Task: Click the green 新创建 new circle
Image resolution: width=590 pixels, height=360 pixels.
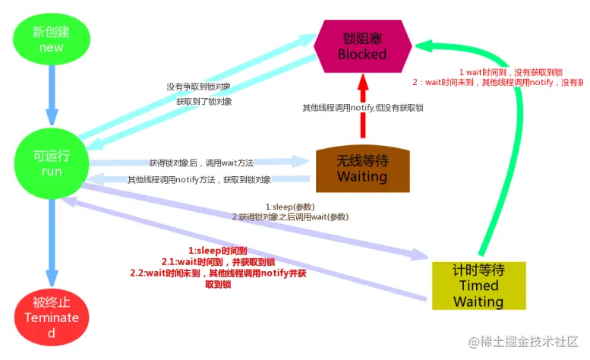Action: click(x=52, y=39)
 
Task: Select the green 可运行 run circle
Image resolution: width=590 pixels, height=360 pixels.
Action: click(x=52, y=163)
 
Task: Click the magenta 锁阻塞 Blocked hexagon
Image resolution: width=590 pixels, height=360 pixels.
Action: click(x=362, y=46)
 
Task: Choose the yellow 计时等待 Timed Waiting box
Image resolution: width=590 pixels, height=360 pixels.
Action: click(x=478, y=286)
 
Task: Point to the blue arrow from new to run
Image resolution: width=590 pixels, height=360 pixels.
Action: click(x=52, y=95)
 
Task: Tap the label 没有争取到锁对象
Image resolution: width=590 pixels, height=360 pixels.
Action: click(x=200, y=87)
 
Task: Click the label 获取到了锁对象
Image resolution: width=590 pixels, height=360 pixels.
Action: click(x=204, y=101)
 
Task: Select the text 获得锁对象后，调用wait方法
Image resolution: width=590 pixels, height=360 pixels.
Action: click(x=201, y=163)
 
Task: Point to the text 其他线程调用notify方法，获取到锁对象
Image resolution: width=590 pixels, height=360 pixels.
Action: click(x=199, y=180)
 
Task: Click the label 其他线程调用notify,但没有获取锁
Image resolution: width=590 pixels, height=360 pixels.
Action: click(x=362, y=108)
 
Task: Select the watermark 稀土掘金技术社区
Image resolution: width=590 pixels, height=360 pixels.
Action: click(x=524, y=343)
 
